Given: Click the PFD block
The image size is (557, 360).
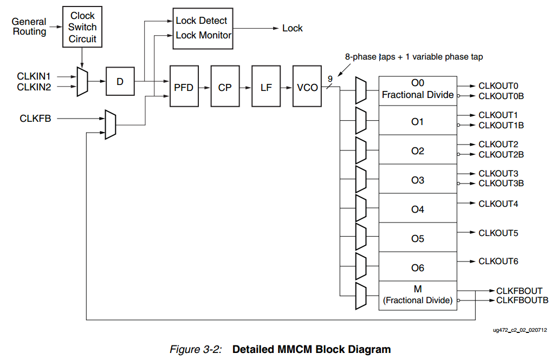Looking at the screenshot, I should pyautogui.click(x=184, y=87).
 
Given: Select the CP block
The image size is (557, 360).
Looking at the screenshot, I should pyautogui.click(x=225, y=87).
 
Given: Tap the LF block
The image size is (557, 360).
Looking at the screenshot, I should pyautogui.click(x=266, y=87).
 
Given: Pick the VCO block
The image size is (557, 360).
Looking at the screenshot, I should pyautogui.click(x=307, y=87).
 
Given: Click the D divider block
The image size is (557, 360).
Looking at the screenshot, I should pyautogui.click(x=120, y=82).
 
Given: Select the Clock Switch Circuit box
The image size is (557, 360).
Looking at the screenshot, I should pyautogui.click(x=82, y=27).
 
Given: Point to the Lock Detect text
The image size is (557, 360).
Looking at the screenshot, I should pyautogui.click(x=202, y=21).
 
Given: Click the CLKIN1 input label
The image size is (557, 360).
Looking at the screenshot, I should pyautogui.click(x=34, y=76).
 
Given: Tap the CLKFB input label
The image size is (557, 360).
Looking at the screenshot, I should pyautogui.click(x=35, y=118).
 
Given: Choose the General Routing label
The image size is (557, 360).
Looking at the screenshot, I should pyautogui.click(x=29, y=27).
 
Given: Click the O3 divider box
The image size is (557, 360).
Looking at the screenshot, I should pyautogui.click(x=417, y=180).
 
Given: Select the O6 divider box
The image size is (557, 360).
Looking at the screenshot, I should pyautogui.click(x=417, y=268).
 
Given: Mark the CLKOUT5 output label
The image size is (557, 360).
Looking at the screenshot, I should pyautogui.click(x=498, y=233).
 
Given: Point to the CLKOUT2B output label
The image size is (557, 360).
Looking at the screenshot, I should pyautogui.click(x=501, y=155).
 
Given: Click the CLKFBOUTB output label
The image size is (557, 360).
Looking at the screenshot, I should pyautogui.click(x=522, y=300).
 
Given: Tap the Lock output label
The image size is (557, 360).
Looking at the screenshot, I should pyautogui.click(x=293, y=28).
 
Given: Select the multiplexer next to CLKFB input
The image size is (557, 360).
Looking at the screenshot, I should pyautogui.click(x=110, y=125).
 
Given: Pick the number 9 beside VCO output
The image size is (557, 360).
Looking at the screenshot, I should pyautogui.click(x=330, y=79).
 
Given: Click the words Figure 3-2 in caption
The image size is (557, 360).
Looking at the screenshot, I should pyautogui.click(x=196, y=349).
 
